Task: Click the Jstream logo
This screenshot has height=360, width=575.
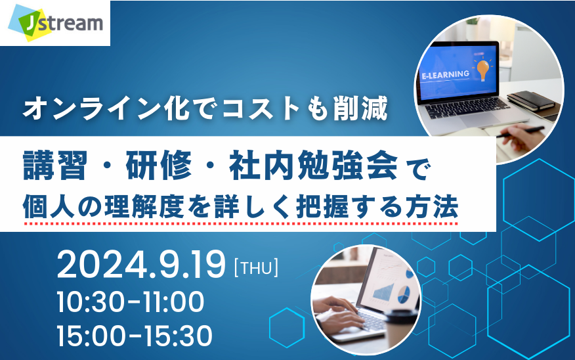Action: click(55, 23)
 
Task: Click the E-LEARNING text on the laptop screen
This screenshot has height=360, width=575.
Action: click(446, 75)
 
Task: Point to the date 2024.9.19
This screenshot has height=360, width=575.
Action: click(141, 265)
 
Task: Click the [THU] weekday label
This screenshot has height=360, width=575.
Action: click(256, 267)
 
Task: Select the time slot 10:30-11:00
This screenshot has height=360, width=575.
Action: click(131, 302)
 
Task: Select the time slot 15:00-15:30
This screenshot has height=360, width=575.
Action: click(135, 336)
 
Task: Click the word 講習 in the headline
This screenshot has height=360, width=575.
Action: click(55, 166)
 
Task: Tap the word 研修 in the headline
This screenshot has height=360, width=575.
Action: click(158, 166)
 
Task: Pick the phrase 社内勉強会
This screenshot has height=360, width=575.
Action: click(314, 166)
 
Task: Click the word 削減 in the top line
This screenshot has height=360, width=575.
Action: click(360, 108)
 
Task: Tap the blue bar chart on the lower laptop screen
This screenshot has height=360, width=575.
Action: click(383, 292)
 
